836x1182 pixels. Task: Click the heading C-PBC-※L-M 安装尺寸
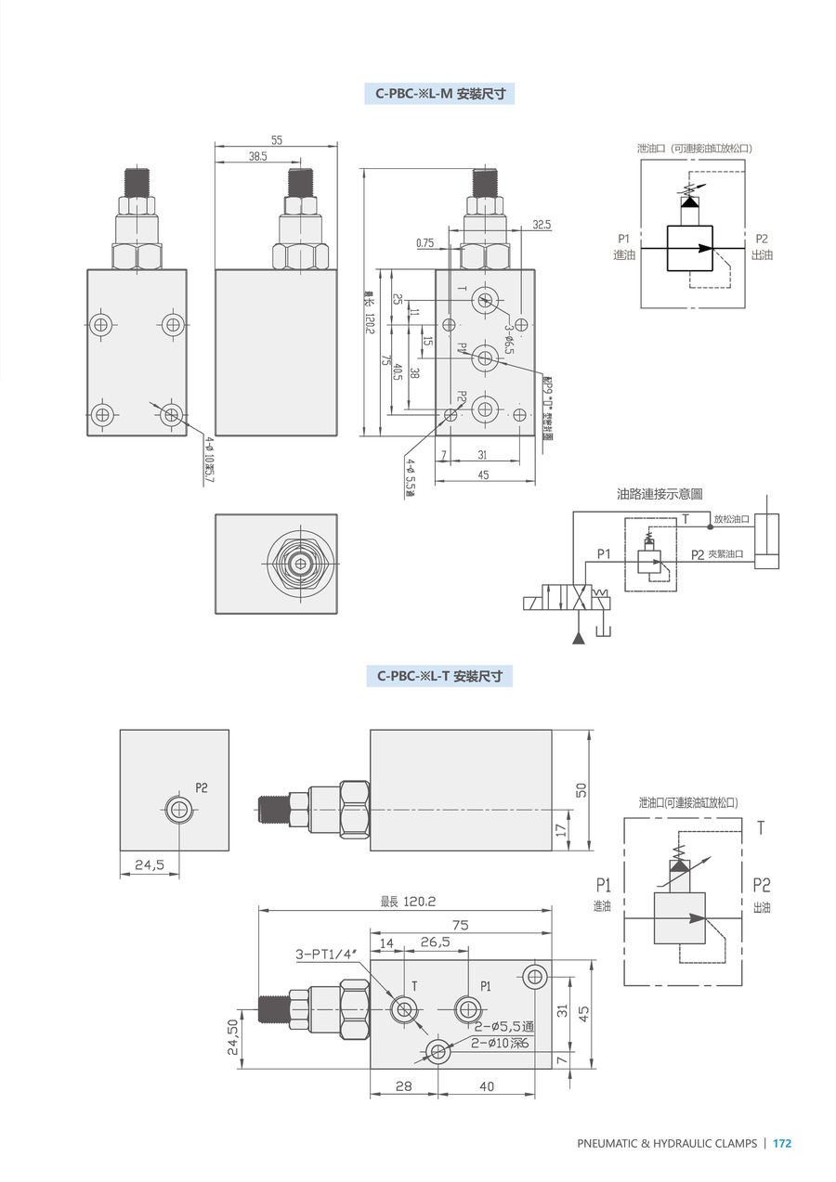(439, 94)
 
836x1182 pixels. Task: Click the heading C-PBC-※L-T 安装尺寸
(439, 677)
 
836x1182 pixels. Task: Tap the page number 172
(782, 1144)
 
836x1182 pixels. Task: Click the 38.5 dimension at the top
(232, 157)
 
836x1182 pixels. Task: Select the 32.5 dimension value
(542, 225)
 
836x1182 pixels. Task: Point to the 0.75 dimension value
(425, 243)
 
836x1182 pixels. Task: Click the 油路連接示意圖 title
(660, 495)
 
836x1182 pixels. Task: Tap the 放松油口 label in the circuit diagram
(732, 520)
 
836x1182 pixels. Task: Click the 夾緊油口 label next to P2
(726, 554)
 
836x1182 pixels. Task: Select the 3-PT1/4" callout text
(326, 955)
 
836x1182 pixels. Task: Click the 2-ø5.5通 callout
(503, 1027)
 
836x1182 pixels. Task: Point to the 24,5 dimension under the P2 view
(150, 864)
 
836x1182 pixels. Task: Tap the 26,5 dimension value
(435, 942)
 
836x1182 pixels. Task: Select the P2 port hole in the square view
(179, 810)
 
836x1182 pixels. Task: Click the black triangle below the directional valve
(579, 637)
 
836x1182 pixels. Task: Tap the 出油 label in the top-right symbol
(762, 254)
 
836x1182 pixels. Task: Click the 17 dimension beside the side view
(560, 829)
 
